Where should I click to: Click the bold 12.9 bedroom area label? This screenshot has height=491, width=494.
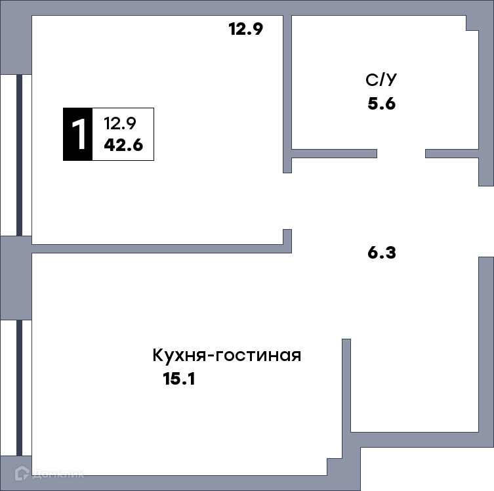pyautogui.click(x=246, y=29)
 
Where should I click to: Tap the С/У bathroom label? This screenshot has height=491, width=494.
pyautogui.click(x=381, y=79)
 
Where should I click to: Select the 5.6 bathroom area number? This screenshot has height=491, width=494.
pyautogui.click(x=382, y=103)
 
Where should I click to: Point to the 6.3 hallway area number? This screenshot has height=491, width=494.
pyautogui.click(x=382, y=253)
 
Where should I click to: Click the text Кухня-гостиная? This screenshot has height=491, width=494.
pyautogui.click(x=227, y=355)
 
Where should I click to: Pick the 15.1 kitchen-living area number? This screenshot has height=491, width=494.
pyautogui.click(x=179, y=379)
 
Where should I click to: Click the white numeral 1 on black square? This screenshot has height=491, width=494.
pyautogui.click(x=78, y=135)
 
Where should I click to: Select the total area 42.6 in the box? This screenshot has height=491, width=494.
pyautogui.click(x=123, y=145)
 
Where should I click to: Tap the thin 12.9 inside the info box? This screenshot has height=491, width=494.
pyautogui.click(x=120, y=123)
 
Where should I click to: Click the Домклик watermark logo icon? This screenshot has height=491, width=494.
pyautogui.click(x=22, y=473)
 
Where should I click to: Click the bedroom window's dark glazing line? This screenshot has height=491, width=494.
pyautogui.click(x=19, y=155)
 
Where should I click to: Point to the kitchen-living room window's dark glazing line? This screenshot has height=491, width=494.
pyautogui.click(x=19, y=388)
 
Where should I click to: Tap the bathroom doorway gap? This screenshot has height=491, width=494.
pyautogui.click(x=401, y=154)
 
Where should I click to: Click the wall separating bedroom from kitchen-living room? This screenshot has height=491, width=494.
pyautogui.click(x=161, y=249)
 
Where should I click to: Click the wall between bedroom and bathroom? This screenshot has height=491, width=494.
pyautogui.click(x=287, y=94)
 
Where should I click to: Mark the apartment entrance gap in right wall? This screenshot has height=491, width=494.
pyautogui.click(x=486, y=222)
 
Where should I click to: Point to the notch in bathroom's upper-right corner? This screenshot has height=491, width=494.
pyautogui.click(x=472, y=23)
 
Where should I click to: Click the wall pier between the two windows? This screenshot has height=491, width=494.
pyautogui.click(x=16, y=278)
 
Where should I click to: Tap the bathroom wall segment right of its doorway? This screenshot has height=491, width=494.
pyautogui.click(x=452, y=154)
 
